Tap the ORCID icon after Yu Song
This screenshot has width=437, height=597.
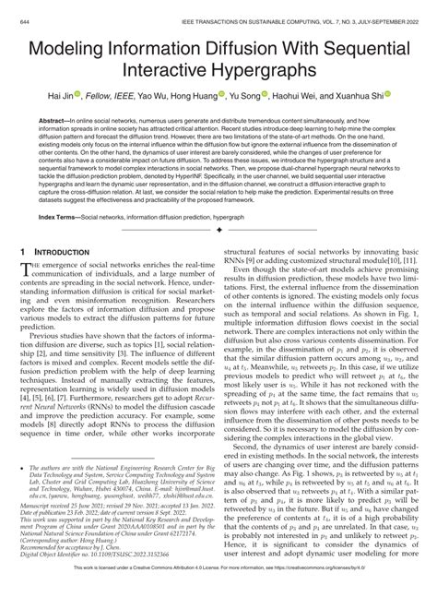pyautogui.click(x=267, y=96)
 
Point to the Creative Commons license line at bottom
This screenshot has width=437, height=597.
pyautogui.click(x=218, y=590)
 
